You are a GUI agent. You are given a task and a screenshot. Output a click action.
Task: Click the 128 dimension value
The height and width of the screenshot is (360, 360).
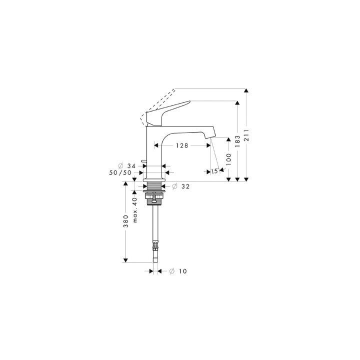pos(181,145)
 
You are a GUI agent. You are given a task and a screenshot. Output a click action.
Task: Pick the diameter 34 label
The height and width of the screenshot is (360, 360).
pos(127,165)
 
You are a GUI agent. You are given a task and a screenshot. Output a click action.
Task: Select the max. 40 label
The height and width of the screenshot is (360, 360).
pos(134,210)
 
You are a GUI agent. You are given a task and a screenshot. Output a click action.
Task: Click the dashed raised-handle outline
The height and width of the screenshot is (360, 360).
pos(159,102)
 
